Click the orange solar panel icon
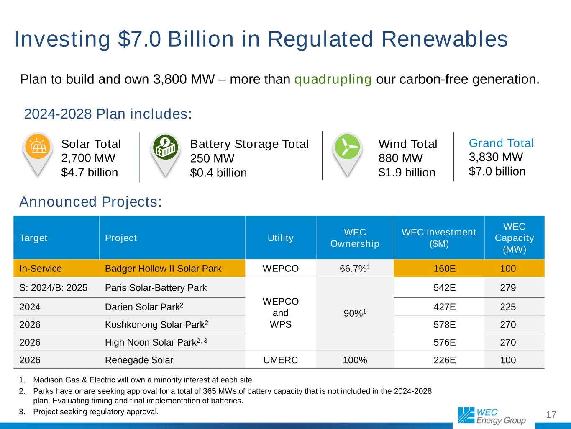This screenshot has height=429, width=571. [38, 146]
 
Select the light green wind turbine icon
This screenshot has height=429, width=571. [347, 147]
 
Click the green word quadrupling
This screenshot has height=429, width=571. [333, 79]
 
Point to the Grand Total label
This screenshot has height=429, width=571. [501, 143]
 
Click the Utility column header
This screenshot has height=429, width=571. [280, 238]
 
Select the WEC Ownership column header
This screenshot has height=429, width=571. [354, 238]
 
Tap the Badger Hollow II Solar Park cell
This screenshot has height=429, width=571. [163, 269]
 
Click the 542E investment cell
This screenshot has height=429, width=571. [444, 288]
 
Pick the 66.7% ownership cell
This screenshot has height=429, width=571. [354, 269]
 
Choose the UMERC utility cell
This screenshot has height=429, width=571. [280, 360]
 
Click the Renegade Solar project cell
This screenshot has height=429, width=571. [139, 360]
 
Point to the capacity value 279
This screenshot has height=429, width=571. [508, 288]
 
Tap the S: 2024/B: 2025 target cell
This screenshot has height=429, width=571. [54, 288]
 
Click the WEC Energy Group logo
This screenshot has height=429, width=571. [492, 415]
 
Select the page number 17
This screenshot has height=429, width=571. [551, 415]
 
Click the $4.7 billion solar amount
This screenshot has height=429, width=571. [90, 172]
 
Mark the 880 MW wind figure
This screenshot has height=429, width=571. [400, 158]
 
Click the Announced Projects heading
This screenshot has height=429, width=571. [90, 202]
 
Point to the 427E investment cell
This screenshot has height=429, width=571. [444, 307]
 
